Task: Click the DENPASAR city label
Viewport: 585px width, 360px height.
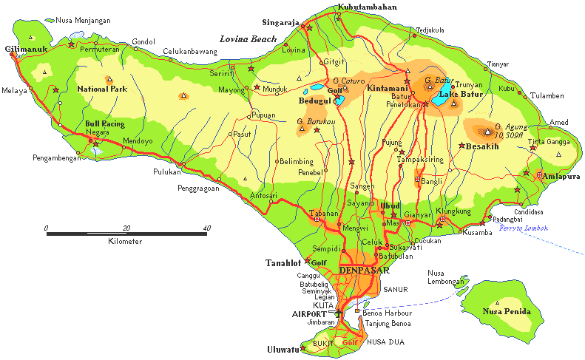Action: [363, 271]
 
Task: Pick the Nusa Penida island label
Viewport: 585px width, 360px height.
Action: [507, 311]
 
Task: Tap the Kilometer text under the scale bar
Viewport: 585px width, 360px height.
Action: [125, 242]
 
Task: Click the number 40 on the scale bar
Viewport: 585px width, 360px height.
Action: [205, 228]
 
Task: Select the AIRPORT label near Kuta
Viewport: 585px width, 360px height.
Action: [308, 314]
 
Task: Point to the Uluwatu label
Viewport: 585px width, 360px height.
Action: [282, 350]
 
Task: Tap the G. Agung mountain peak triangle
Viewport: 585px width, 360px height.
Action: [487, 132]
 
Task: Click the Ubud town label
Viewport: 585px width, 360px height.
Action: [390, 206]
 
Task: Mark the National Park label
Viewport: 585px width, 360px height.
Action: [102, 89]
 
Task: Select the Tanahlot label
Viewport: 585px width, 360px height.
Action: [283, 262]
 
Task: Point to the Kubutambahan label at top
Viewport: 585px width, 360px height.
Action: [368, 7]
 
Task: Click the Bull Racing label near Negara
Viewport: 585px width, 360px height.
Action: [104, 123]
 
